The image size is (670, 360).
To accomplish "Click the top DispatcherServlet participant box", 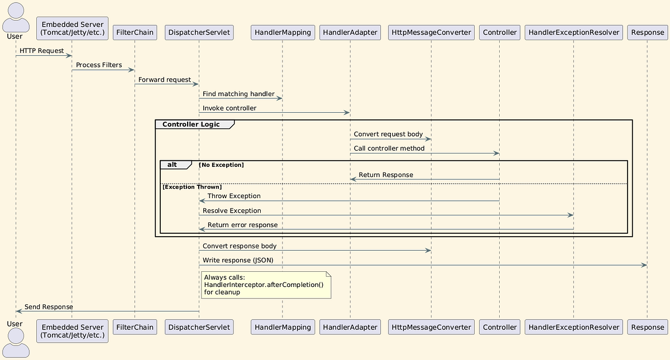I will pos(199,32).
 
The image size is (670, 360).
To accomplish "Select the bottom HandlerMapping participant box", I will pos(283,327).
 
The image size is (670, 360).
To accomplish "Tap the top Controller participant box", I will pos(500,32).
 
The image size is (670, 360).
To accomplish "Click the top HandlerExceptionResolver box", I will pos(574,32).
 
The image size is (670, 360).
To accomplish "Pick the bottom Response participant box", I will pos(647,327).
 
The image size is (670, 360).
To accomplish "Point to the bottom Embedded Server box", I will pos(72,331).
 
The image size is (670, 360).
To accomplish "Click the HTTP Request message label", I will pos(42,51).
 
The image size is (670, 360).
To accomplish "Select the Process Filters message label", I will pos(99,65).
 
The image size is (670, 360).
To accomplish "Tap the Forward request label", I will pos(165,80).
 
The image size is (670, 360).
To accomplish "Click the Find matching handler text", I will pos(238,94).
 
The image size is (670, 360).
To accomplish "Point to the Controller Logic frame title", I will pos(191,124).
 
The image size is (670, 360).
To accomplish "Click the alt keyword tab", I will pos(172,165).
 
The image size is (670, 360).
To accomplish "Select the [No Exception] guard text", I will pos(222,165).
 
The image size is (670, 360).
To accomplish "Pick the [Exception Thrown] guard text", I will pos(192,186).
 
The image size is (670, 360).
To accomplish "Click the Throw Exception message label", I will pos(234,196).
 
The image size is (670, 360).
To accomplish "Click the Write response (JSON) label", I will pos(238,260).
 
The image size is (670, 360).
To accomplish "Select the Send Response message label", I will pos(49,307).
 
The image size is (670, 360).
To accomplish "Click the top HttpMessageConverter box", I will pos(432,32).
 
